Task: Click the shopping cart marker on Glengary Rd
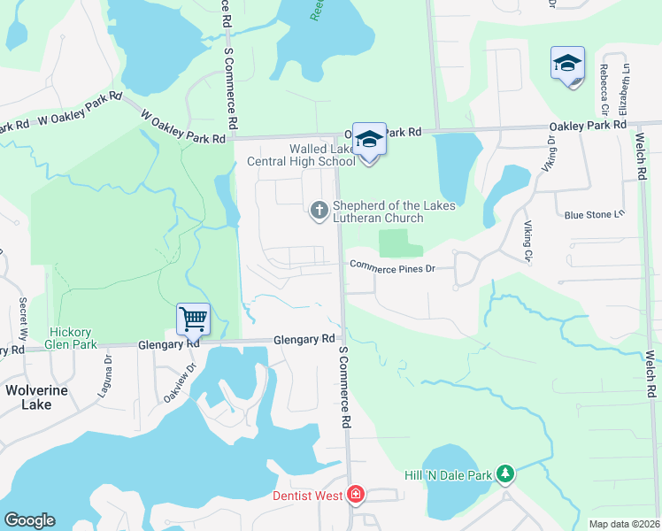(193, 319)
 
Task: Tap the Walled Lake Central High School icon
(369, 140)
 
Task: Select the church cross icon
(319, 210)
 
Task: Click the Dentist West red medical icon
(355, 494)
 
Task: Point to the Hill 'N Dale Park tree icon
(504, 474)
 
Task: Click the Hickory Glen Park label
(89, 338)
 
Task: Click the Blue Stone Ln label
(595, 215)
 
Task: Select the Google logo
(29, 520)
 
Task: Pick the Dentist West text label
(307, 496)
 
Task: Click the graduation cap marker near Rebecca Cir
(567, 64)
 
